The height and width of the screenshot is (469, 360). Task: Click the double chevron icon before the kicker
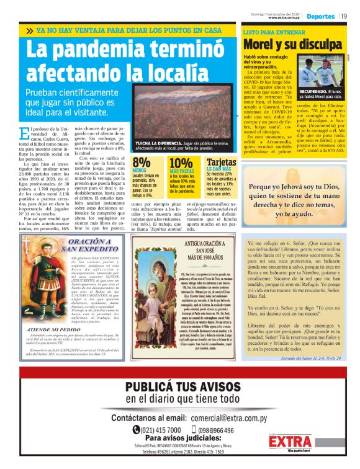(30, 30)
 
